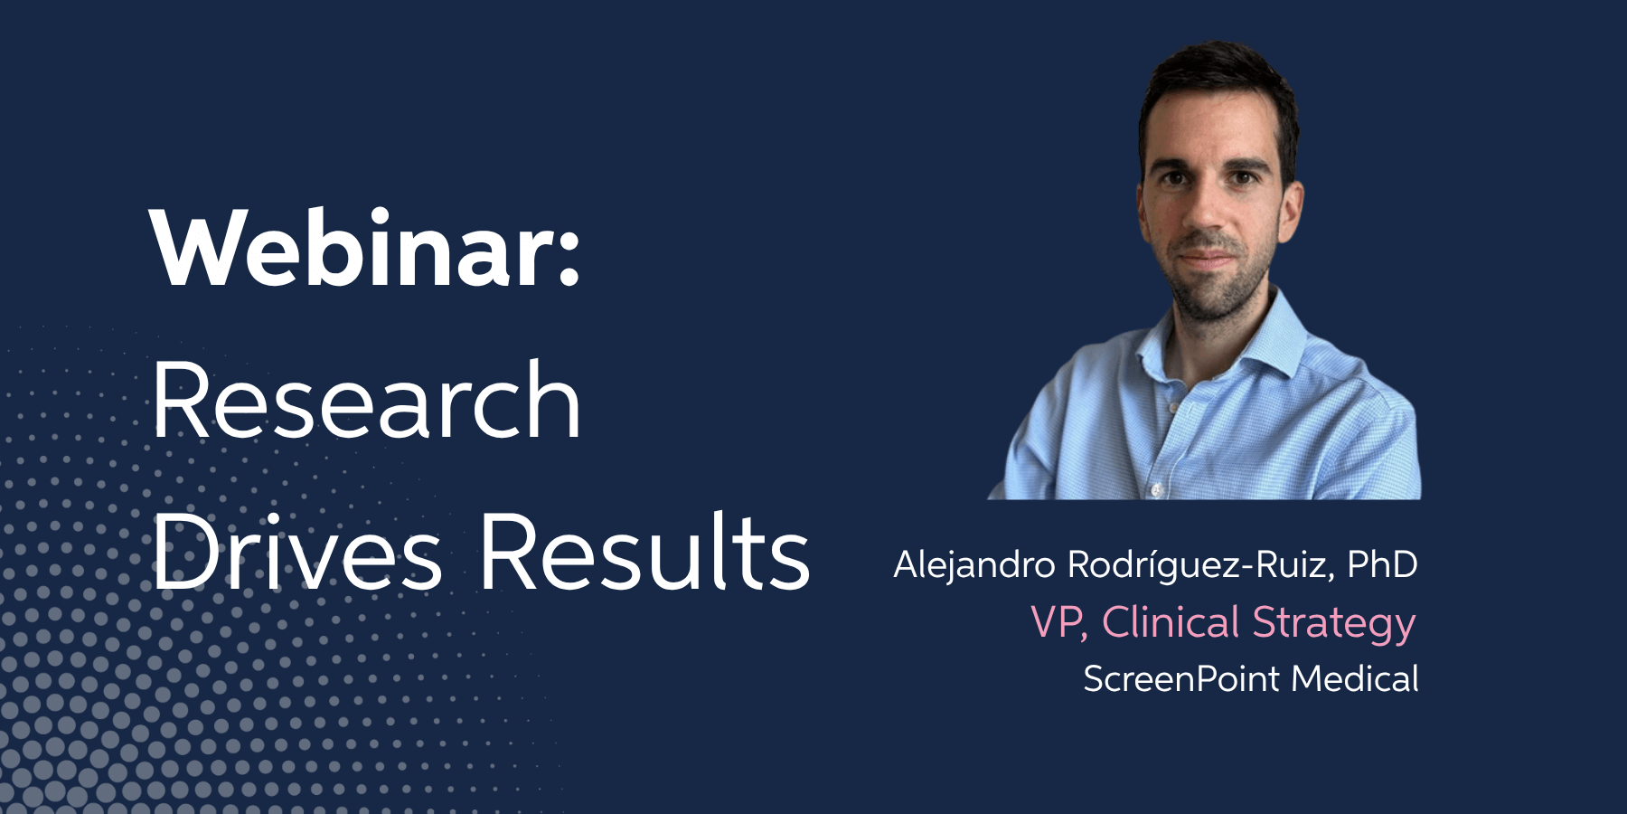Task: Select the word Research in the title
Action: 366,400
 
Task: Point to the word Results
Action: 644,552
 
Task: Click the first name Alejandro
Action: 973,565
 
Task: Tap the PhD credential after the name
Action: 1382,564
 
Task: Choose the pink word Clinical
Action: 1171,622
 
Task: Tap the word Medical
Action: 1355,678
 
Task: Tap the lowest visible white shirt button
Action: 1156,489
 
